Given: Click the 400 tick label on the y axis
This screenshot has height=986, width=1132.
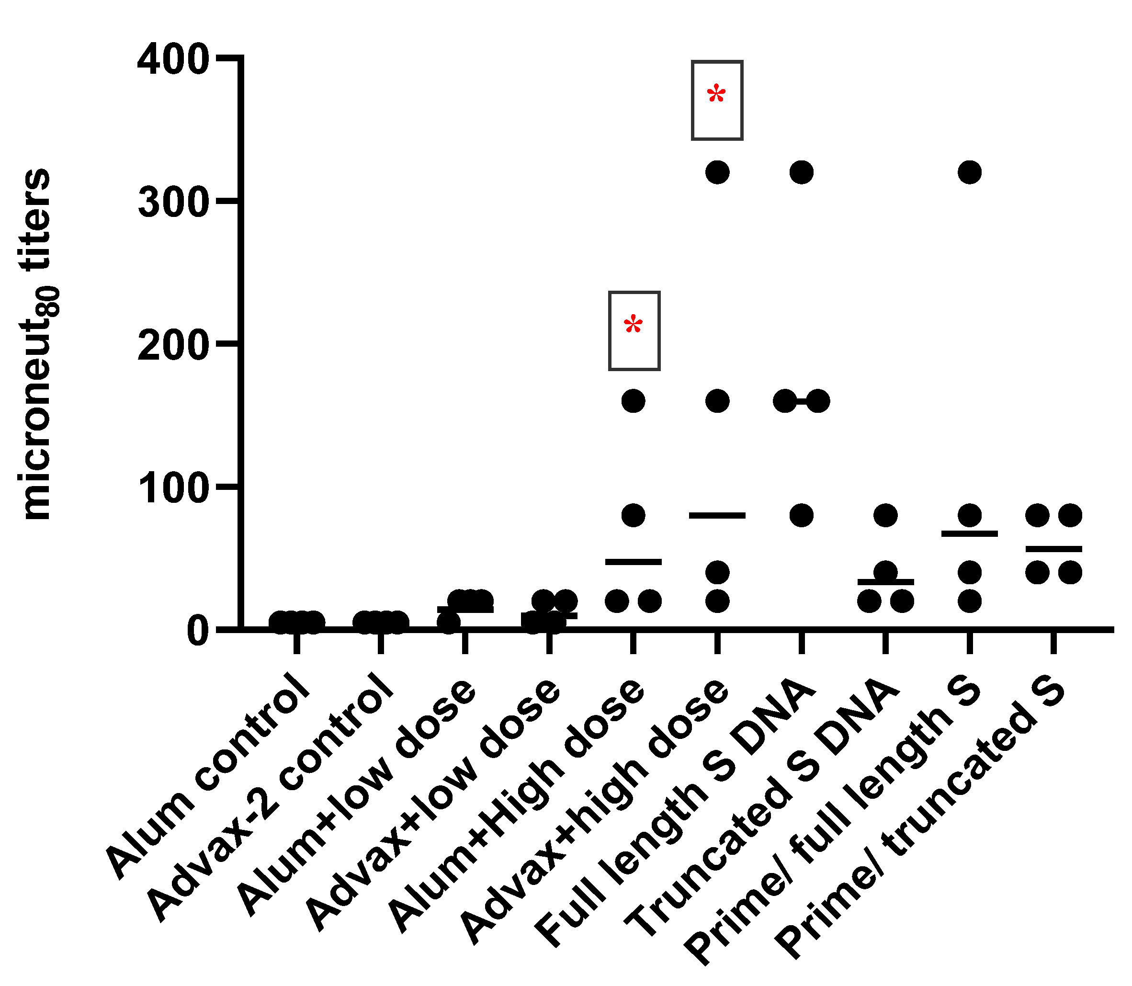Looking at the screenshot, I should click(x=173, y=60).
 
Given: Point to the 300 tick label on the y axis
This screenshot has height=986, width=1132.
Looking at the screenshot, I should click(x=173, y=203).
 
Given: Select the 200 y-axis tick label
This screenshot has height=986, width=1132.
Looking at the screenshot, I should click(x=173, y=347).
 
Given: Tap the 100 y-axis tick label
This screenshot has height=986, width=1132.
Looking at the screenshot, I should click(x=173, y=490).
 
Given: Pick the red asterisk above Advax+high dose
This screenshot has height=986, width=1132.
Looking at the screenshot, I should click(x=716, y=96).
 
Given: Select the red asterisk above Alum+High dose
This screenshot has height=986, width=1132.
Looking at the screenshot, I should click(x=633, y=326).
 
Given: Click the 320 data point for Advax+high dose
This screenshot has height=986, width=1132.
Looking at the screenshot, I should click(x=717, y=172).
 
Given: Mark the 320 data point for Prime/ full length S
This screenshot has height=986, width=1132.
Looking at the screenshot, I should click(x=970, y=172).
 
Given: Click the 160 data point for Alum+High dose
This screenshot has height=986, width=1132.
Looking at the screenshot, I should click(x=633, y=401).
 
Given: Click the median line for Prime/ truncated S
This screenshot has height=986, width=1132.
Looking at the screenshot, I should click(x=1054, y=549).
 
